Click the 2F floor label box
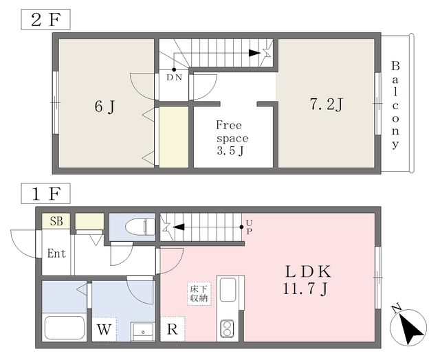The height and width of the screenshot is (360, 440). [x=46, y=19]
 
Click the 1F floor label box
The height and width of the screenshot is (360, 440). [x=46, y=194]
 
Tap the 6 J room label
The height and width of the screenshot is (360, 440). [x=104, y=106]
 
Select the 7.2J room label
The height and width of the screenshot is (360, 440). [x=326, y=104]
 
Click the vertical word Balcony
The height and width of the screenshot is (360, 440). [x=395, y=105]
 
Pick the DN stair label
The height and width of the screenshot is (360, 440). [x=175, y=78]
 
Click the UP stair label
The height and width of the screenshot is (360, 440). [x=249, y=227]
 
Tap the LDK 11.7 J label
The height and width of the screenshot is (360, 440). [x=301, y=278]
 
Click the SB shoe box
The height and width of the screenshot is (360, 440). [x=56, y=221]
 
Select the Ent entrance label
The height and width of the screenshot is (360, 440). [x=56, y=254]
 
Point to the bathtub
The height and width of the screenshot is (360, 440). [x=64, y=328]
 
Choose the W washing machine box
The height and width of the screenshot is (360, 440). [x=104, y=329]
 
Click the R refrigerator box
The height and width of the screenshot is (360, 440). [x=172, y=329]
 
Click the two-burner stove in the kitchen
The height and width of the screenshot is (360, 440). [x=227, y=329]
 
